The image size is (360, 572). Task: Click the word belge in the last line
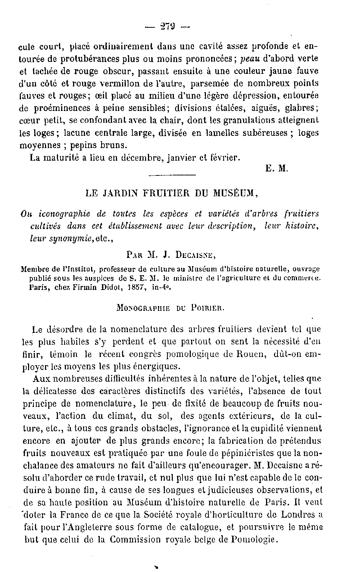click(x=213, y=539)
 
